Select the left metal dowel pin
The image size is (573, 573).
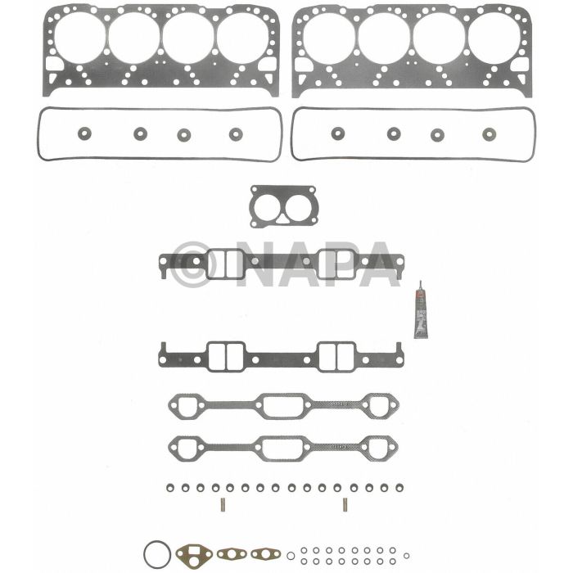(x=222, y=504)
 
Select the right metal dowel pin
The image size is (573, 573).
(x=345, y=504)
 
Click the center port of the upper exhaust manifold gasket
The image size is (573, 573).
(x=282, y=404)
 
